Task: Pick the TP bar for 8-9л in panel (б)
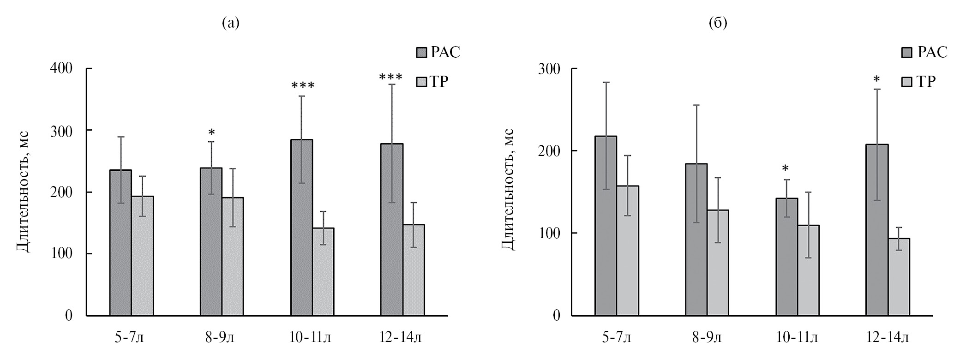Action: pos(718,263)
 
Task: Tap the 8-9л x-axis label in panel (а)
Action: pos(220,339)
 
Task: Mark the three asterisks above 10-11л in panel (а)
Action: pos(303,86)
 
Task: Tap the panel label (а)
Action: pos(231,23)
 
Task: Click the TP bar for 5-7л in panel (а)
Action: pos(142,256)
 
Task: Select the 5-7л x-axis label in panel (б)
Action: pos(617,339)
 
